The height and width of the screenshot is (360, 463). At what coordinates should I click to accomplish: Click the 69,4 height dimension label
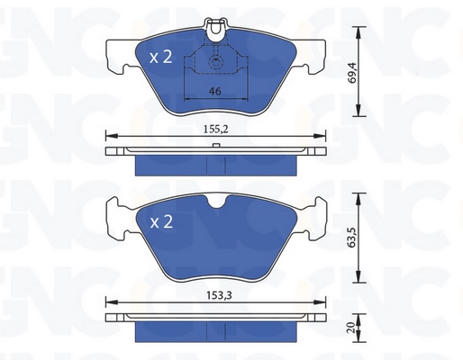pos(352,72)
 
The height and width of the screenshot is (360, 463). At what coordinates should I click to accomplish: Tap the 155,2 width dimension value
pos(216,130)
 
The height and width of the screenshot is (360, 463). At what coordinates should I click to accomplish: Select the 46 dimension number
pos(215,91)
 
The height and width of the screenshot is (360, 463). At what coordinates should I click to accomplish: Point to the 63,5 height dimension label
pos(352,238)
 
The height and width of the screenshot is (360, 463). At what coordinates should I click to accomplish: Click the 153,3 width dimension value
pos(220,295)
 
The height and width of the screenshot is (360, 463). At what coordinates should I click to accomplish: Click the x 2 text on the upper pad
pos(161,57)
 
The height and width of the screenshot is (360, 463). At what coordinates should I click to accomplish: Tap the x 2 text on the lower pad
pos(161,222)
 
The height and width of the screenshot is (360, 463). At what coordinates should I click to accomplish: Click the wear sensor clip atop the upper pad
pos(215,30)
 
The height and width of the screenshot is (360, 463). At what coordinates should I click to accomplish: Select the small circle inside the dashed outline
pos(216,62)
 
